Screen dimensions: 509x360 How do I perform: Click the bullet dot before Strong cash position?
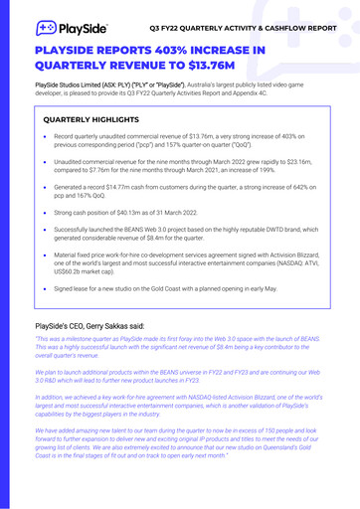coord(47,211)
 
